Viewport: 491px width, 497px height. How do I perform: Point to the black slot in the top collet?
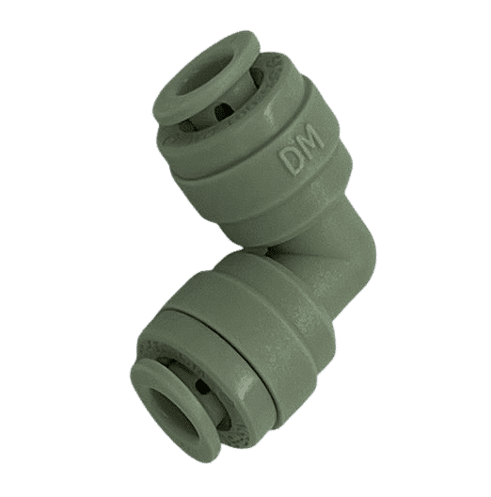click(222, 112)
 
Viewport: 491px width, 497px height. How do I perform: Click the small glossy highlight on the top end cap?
click(270, 115)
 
